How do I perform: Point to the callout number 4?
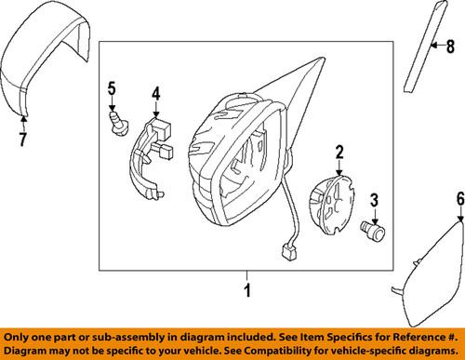(x=156, y=93)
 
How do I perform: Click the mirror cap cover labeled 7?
(x=42, y=65)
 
